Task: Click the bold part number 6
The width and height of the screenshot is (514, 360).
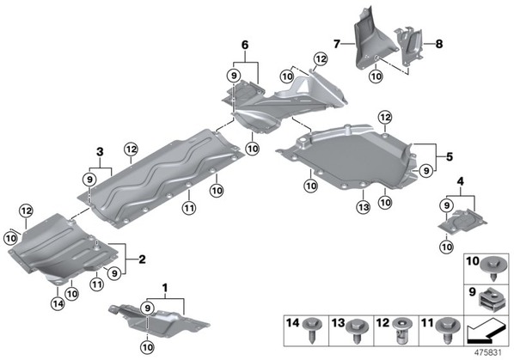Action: pos(245,45)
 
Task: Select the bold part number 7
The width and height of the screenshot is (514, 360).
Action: pos(337,44)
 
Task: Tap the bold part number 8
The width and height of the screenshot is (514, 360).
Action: pos(439,44)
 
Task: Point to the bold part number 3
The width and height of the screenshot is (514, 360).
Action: pos(100,152)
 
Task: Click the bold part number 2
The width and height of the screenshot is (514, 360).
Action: pos(142,259)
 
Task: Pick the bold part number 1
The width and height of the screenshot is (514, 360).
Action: pos(165,289)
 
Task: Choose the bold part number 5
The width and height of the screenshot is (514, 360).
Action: pos(449,156)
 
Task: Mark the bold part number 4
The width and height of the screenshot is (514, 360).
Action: pos(461,181)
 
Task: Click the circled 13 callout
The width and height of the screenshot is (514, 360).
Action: pos(364,207)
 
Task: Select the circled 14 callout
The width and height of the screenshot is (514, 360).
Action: pos(58,303)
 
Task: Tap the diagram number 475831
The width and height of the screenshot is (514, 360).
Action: pos(488,353)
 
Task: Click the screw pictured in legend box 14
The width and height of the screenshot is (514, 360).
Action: pos(313,330)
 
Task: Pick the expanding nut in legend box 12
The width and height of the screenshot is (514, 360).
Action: pos(402,331)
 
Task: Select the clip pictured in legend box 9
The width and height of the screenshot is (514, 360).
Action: pos(490,300)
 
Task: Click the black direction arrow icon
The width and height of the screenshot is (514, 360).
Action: pos(485,331)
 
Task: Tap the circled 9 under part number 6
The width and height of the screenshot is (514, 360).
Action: pos(234,76)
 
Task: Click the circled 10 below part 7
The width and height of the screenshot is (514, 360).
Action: pos(376,76)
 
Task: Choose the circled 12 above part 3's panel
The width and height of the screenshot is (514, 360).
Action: pos(131,149)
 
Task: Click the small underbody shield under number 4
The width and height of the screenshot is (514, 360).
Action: pos(462,223)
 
